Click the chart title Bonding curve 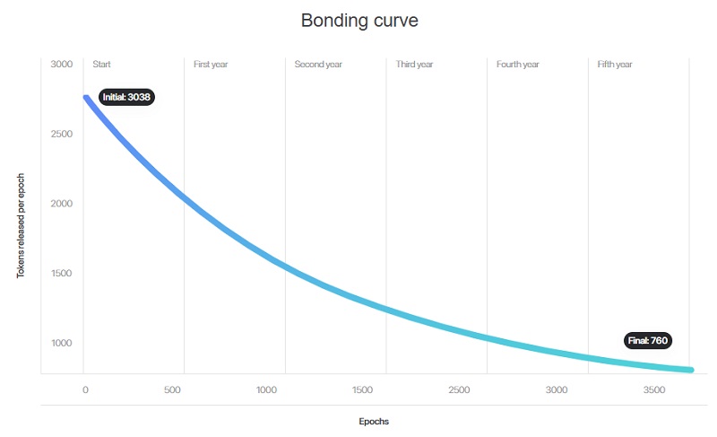click(x=359, y=21)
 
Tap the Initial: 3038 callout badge click(x=126, y=97)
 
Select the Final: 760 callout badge click(x=648, y=340)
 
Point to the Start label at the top click(x=101, y=64)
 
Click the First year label click(x=211, y=64)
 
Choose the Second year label click(x=318, y=64)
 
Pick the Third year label click(x=414, y=64)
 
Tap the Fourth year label click(x=518, y=64)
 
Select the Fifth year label click(x=615, y=64)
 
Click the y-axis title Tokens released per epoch click(x=21, y=225)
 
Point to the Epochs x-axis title click(x=374, y=422)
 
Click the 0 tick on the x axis click(x=85, y=389)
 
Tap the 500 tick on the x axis click(x=172, y=389)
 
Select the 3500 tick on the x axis click(x=654, y=389)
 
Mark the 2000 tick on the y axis click(x=62, y=204)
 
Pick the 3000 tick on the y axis click(x=62, y=64)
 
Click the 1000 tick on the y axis click(x=62, y=343)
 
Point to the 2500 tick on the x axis click(x=459, y=389)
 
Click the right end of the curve click(x=691, y=370)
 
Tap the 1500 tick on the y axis click(x=62, y=273)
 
